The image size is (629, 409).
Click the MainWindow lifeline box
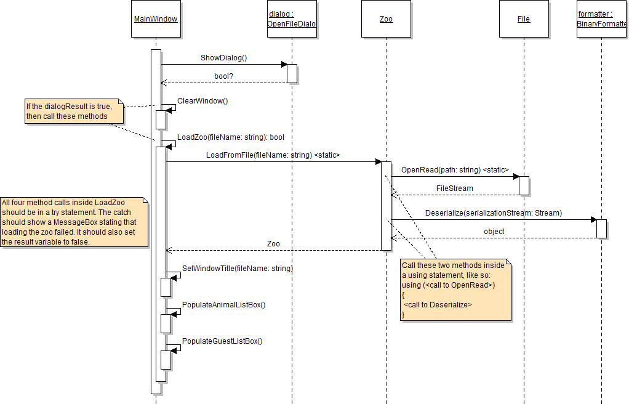click(156, 19)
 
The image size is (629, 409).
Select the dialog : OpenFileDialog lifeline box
click(292, 19)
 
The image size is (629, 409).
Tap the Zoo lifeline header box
click(386, 19)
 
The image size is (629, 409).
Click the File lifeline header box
click(524, 19)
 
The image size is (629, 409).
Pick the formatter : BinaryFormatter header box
click(602, 19)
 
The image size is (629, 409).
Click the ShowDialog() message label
click(223, 58)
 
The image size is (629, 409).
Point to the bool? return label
click(223, 76)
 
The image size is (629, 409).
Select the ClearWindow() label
click(202, 100)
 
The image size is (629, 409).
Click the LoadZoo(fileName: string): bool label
click(230, 137)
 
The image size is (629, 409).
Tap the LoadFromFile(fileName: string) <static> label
click(273, 155)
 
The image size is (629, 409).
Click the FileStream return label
click(454, 188)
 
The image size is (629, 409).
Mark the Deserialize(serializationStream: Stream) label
click(493, 213)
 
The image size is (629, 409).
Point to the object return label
click(494, 232)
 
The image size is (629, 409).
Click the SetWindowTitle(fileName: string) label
click(237, 269)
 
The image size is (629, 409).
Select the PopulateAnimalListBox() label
click(223, 305)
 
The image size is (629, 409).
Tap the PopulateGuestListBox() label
click(222, 341)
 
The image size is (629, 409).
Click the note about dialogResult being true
click(73, 111)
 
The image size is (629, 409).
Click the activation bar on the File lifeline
click(524, 185)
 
